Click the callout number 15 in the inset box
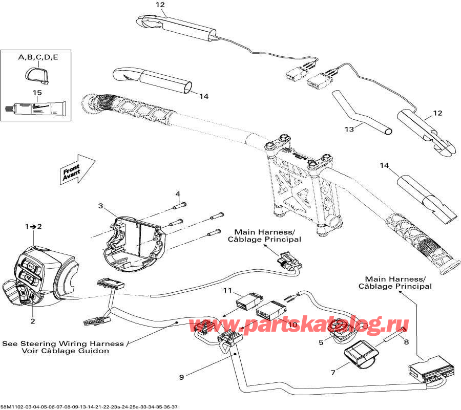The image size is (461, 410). point(36,93)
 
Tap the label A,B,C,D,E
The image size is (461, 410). point(38,57)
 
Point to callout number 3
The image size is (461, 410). point(101,206)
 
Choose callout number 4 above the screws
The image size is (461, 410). point(178,194)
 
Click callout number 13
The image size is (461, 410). point(349,130)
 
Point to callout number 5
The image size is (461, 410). point(321,342)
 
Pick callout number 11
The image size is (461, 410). point(227,291)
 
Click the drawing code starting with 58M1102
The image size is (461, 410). point(90,406)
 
